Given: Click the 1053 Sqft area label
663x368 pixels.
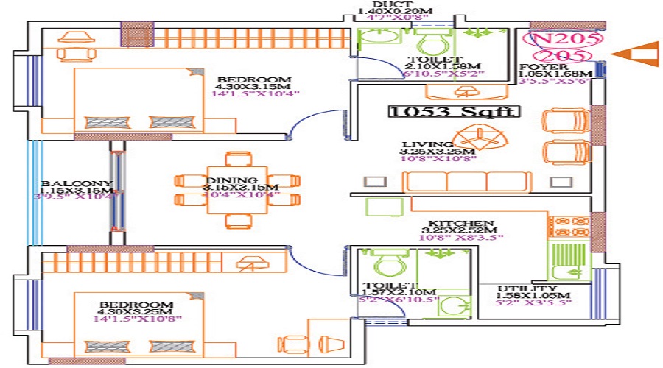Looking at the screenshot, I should click(455, 112).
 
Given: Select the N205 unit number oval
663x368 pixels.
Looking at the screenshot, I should click(563, 38).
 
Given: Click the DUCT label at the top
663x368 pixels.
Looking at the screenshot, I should click(387, 4).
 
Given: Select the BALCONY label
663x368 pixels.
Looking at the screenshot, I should click(66, 184).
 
